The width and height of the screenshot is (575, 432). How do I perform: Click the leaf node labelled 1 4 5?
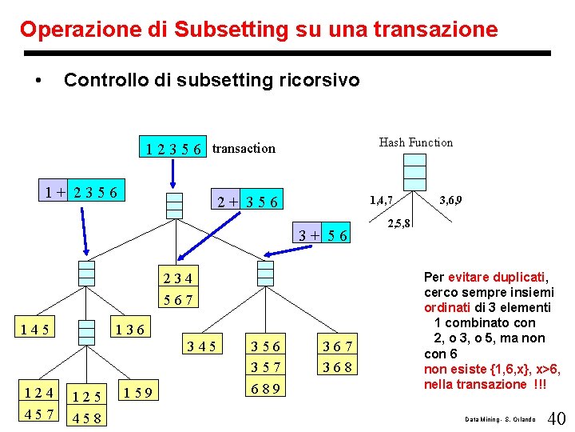36,328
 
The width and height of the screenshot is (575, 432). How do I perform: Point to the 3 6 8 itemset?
337,368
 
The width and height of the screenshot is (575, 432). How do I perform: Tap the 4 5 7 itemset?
38,414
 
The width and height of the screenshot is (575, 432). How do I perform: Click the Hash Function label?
415,142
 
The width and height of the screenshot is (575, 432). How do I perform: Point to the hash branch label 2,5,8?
399,223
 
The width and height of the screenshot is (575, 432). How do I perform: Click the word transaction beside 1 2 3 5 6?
244,148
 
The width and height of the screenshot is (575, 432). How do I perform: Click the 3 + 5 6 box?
323,235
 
